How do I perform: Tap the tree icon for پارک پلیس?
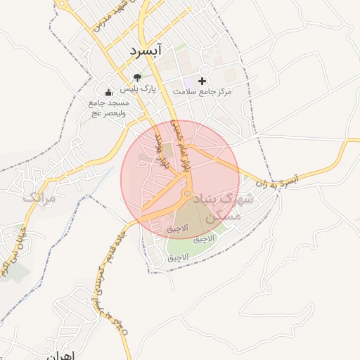[137, 77]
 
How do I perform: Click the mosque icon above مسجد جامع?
[108, 93]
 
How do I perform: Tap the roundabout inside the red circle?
[188, 193]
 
